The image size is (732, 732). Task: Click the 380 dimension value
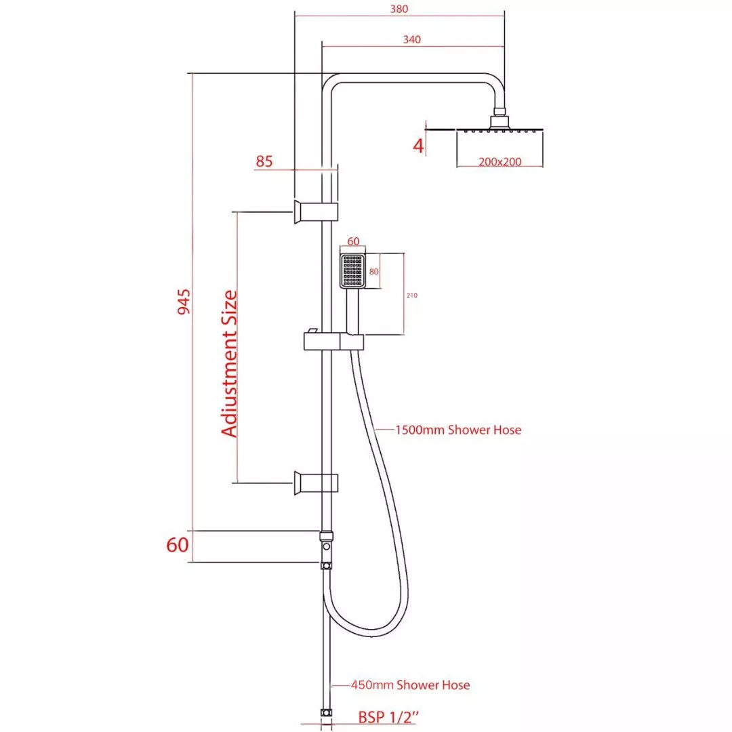tap(400, 9)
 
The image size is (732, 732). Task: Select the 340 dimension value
tap(411, 39)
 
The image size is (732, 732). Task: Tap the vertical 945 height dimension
tap(184, 302)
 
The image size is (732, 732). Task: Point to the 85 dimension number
tap(264, 161)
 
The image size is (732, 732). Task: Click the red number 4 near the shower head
tap(418, 145)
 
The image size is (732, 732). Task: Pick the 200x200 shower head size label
tap(500, 162)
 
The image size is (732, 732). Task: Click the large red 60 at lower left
tap(177, 545)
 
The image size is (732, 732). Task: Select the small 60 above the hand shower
tap(353, 241)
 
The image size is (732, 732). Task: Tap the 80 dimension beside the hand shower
tap(373, 271)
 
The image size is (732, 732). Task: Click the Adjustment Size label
tap(230, 363)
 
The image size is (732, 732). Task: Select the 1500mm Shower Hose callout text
tap(459, 430)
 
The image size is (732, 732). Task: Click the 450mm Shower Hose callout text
tap(410, 685)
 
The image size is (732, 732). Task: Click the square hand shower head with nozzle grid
tap(352, 270)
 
